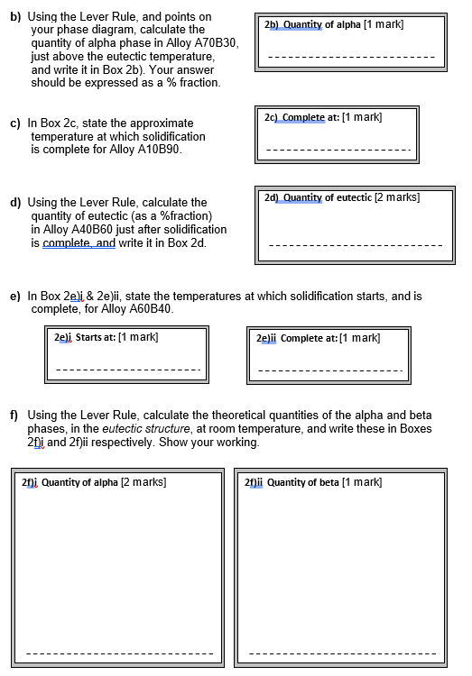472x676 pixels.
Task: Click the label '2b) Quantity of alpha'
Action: click(x=310, y=23)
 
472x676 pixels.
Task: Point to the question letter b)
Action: click(x=15, y=16)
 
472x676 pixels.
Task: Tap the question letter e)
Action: click(x=15, y=296)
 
